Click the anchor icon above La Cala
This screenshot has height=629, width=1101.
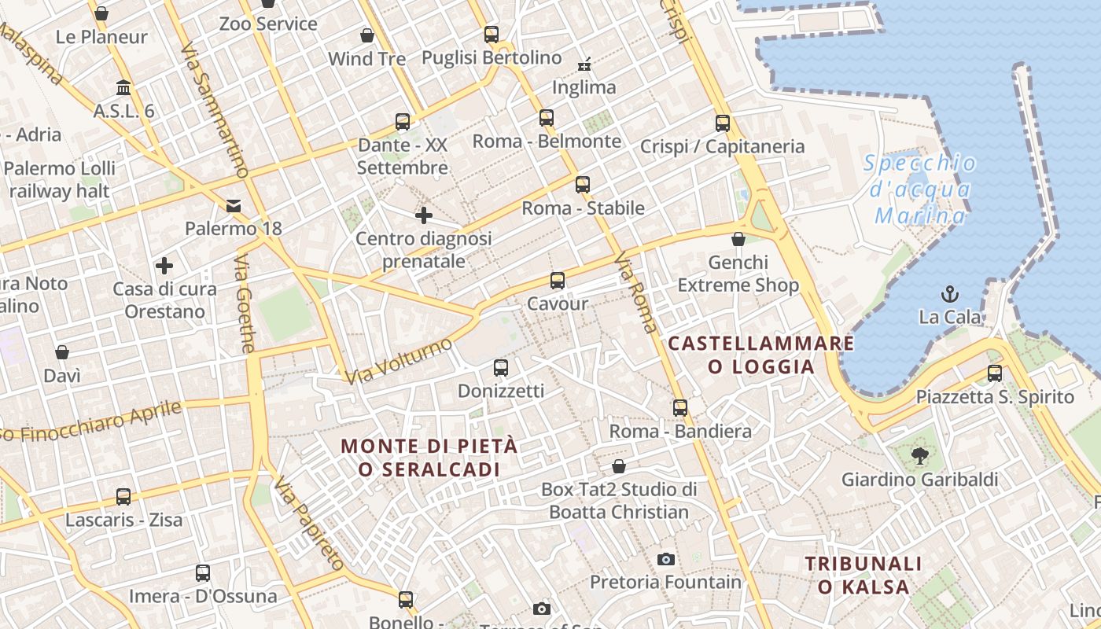click(x=950, y=295)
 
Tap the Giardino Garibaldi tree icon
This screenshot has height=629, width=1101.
click(x=919, y=455)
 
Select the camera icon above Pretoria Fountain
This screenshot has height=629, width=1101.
click(x=666, y=559)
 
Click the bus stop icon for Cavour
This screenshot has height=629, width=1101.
click(x=558, y=280)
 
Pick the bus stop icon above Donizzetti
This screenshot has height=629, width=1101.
click(x=501, y=367)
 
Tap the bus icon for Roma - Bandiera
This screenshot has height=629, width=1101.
click(x=680, y=408)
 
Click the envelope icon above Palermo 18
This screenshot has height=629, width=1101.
click(x=234, y=206)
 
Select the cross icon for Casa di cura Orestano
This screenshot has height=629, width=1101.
click(x=164, y=266)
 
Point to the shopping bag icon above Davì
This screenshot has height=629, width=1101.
click(x=62, y=352)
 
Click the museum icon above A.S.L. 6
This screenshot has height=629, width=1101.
click(x=123, y=87)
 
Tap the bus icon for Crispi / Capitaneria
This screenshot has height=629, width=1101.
click(x=723, y=123)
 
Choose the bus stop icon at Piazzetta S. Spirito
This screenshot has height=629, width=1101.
click(x=995, y=373)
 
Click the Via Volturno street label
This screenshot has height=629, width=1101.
click(x=399, y=361)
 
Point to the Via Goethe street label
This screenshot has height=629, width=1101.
click(x=245, y=303)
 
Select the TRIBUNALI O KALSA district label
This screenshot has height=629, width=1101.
click(x=863, y=575)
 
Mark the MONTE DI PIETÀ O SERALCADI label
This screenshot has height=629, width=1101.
click(x=429, y=458)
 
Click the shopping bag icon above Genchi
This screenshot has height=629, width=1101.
click(x=738, y=239)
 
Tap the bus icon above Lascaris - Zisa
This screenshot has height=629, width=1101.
click(x=123, y=497)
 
